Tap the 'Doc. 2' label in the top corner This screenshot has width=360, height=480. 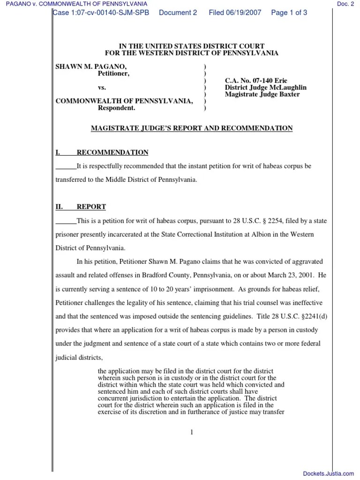coord(345,4)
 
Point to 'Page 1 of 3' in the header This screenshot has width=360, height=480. coord(289,13)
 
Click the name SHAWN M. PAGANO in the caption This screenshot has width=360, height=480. coord(91,67)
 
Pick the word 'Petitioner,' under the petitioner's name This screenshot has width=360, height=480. coord(113,74)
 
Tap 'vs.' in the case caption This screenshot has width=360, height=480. coord(102,88)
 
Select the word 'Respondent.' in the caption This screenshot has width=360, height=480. coord(116,108)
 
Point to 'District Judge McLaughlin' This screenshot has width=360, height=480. coord(266,88)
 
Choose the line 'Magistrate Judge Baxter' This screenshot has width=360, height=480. coord(262,94)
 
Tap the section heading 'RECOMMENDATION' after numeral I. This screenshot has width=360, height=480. coord(112,152)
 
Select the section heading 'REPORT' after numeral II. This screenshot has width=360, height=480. coord(91,207)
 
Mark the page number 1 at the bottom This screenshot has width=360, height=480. coord(192,432)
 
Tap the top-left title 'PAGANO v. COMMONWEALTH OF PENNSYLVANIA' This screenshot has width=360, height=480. coord(74,4)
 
